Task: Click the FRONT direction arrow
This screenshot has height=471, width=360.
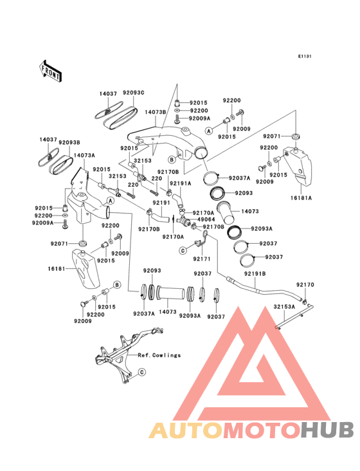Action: pyautogui.click(x=50, y=71)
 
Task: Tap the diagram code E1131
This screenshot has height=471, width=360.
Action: pyautogui.click(x=305, y=56)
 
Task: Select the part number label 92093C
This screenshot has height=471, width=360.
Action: pyautogui.click(x=134, y=93)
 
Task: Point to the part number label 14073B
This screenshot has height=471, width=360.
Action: pyautogui.click(x=156, y=112)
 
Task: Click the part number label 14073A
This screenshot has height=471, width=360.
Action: pyautogui.click(x=84, y=155)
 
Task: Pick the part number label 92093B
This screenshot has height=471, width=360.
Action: pyautogui.click(x=69, y=142)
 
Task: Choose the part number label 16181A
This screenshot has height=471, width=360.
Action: pyautogui.click(x=301, y=198)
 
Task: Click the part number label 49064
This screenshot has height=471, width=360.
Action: pyautogui.click(x=206, y=219)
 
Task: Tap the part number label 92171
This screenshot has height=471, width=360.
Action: pyautogui.click(x=202, y=259)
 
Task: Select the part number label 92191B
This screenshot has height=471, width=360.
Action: pyautogui.click(x=255, y=274)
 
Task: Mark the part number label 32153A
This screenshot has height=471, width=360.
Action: pyautogui.click(x=284, y=307)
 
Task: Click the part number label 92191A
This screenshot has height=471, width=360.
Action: pyautogui.click(x=180, y=183)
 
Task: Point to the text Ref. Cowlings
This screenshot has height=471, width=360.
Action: pyautogui.click(x=159, y=355)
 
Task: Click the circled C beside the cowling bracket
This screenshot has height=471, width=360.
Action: pyautogui.click(x=142, y=373)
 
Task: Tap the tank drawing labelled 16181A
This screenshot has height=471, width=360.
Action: pyautogui.click(x=298, y=167)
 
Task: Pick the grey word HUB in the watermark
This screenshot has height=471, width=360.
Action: pyautogui.click(x=328, y=430)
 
